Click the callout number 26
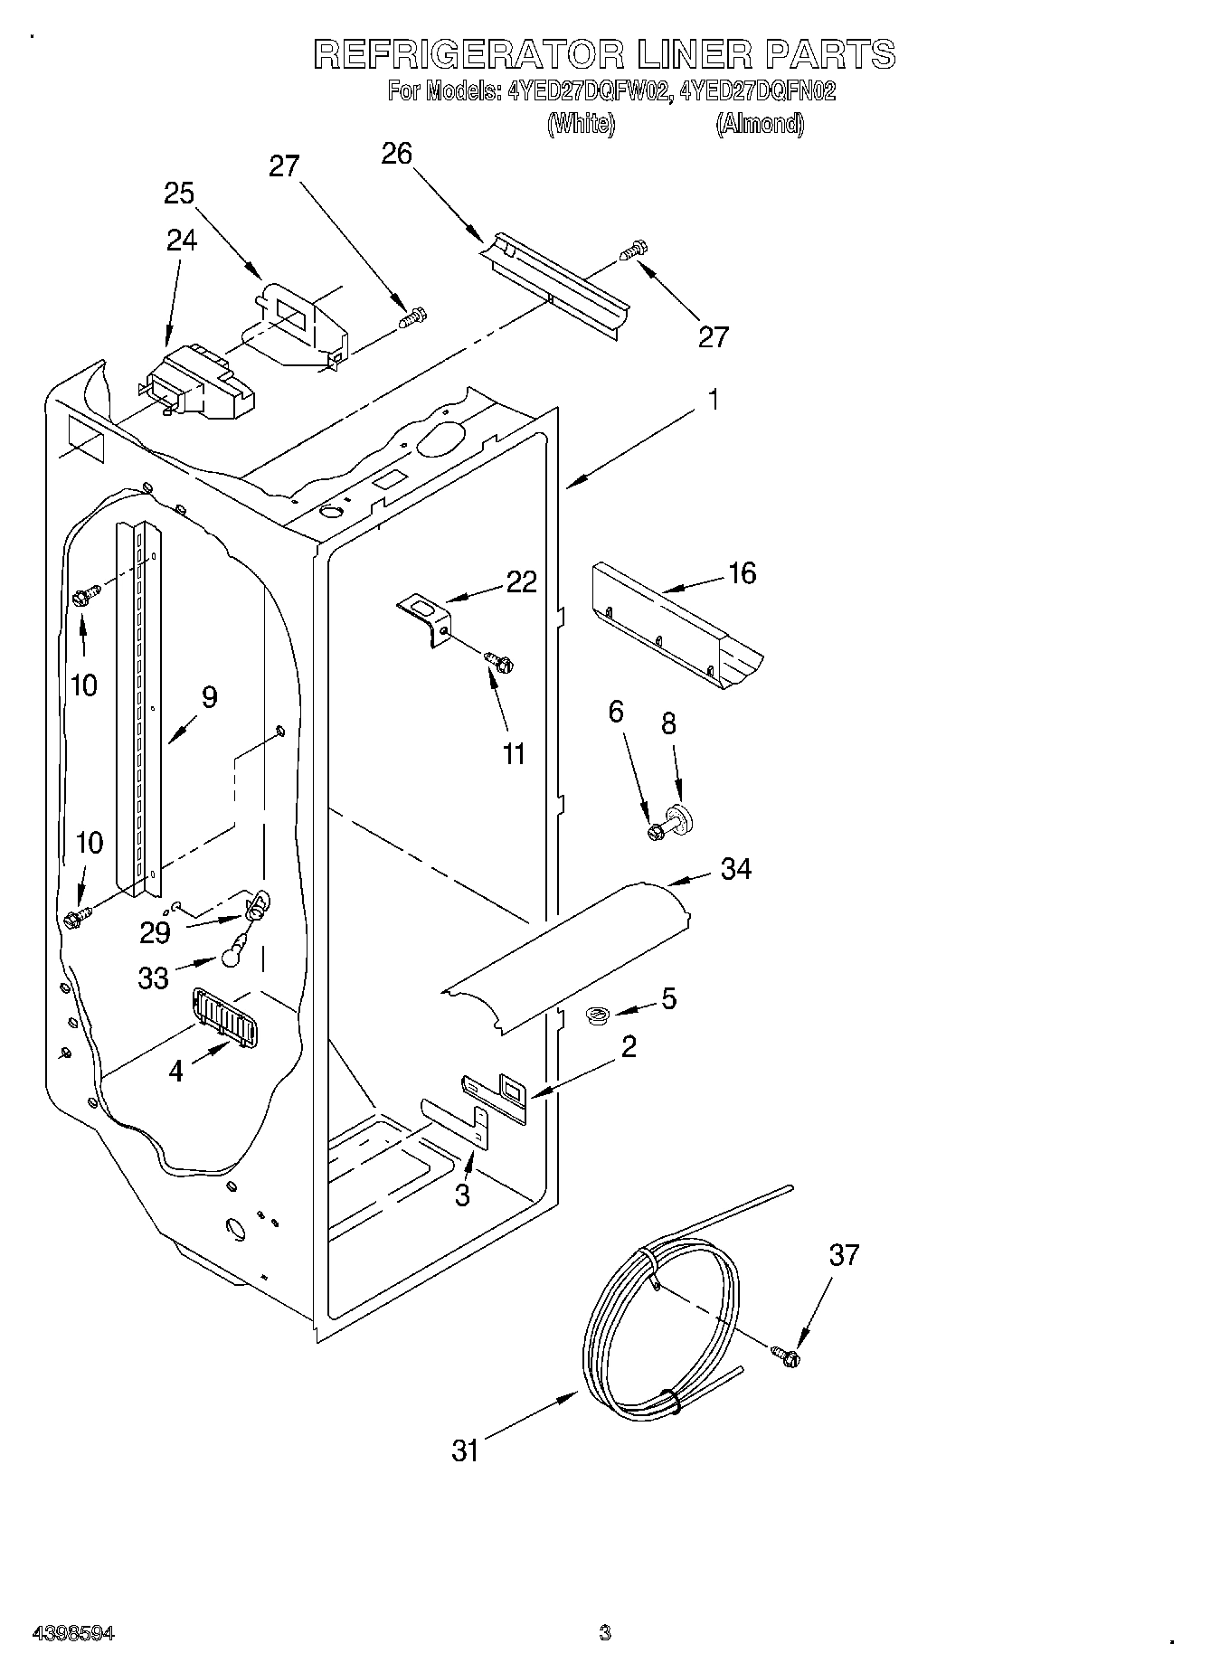tap(396, 155)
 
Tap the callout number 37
tap(843, 1255)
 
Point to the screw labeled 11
tap(498, 662)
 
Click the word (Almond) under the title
tap(759, 123)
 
